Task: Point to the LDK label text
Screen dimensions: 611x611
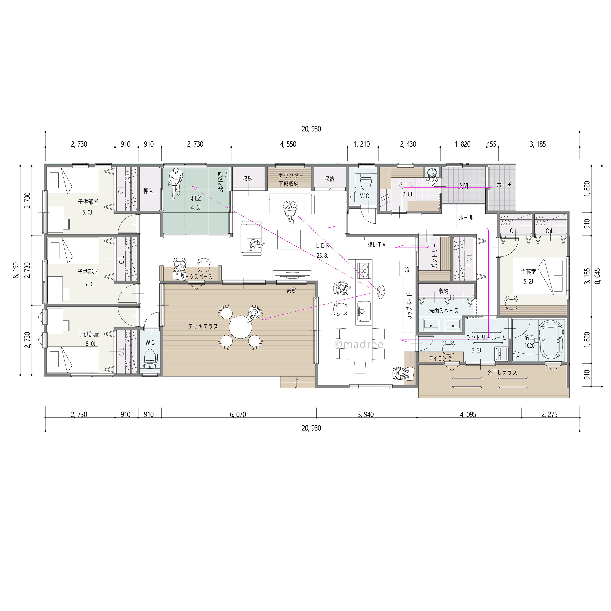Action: (323, 246)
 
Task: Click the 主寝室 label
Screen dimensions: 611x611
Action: (528, 272)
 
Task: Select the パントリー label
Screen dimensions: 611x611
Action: (435, 256)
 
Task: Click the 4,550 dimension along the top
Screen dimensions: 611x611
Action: (288, 144)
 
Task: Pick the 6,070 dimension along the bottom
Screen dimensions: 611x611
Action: (238, 415)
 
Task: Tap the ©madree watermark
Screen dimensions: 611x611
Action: (359, 344)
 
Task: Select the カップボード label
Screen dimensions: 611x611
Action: (409, 306)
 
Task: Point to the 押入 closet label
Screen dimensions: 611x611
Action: (148, 191)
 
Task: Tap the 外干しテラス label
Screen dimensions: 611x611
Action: (502, 372)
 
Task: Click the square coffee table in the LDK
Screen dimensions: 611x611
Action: (289, 239)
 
